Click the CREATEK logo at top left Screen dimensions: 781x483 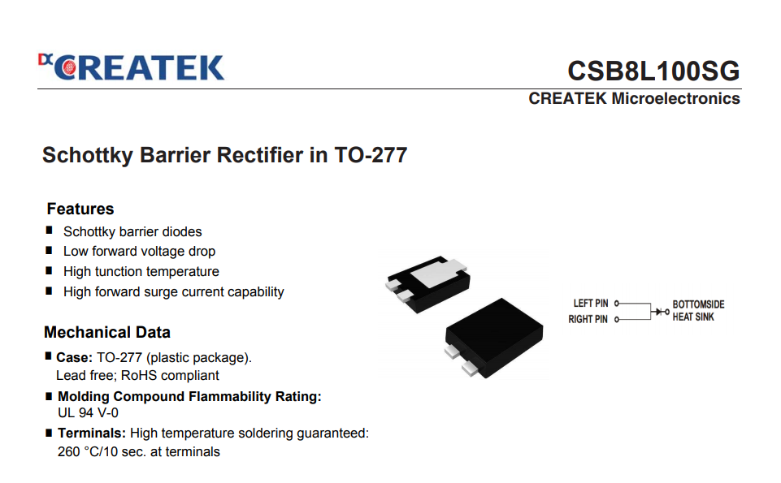(131, 67)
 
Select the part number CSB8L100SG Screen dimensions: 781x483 (653, 71)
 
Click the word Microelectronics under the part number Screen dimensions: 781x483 (675, 98)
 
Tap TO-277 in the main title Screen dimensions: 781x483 (371, 155)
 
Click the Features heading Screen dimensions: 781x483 (80, 209)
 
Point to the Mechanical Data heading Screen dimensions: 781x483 (107, 332)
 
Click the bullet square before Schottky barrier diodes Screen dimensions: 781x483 (49, 230)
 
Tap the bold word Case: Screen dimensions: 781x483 (74, 358)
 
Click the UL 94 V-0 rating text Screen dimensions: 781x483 (88, 413)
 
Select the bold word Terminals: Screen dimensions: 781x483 (92, 433)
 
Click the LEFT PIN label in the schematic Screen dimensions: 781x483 (591, 304)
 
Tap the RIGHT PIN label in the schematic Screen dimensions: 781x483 (588, 319)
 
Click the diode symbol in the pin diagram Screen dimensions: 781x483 (659, 312)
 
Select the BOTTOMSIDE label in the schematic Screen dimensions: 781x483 (698, 304)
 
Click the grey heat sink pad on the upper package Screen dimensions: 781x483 (438, 273)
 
